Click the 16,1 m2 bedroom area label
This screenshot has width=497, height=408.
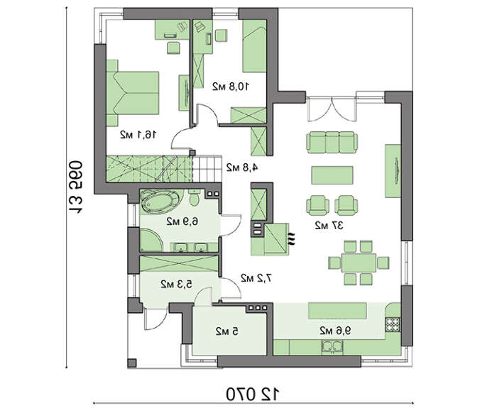tap(138, 135)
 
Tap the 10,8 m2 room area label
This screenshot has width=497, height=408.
tap(231, 86)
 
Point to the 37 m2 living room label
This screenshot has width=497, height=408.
tap(329, 226)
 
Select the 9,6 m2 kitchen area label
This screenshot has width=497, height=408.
tap(335, 331)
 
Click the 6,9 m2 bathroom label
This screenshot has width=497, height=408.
tap(182, 221)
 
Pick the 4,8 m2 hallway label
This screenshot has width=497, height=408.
tap(242, 167)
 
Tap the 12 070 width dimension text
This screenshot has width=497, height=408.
tap(253, 394)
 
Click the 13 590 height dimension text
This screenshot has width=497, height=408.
tap(75, 187)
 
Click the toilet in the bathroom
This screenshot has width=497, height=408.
tap(194, 198)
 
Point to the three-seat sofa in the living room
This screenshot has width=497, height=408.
tap(332, 143)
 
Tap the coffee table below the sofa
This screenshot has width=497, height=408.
tap(332, 175)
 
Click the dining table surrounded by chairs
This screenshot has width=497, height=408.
tap(359, 263)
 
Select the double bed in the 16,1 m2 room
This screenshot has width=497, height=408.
tap(133, 93)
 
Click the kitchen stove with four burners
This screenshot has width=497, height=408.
tap(393, 324)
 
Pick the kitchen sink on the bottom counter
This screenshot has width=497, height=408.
tap(332, 347)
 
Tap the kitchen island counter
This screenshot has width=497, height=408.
tap(337, 311)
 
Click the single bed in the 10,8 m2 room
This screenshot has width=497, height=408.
tap(254, 46)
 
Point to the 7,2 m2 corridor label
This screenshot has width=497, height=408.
tap(256, 278)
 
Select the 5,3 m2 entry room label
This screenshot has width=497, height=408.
tap(176, 284)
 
